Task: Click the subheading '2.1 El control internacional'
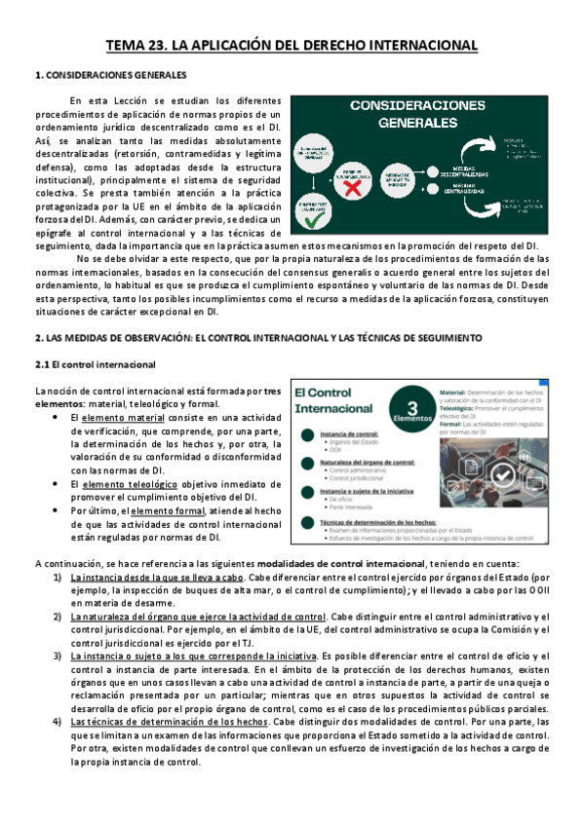[x=95, y=364]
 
